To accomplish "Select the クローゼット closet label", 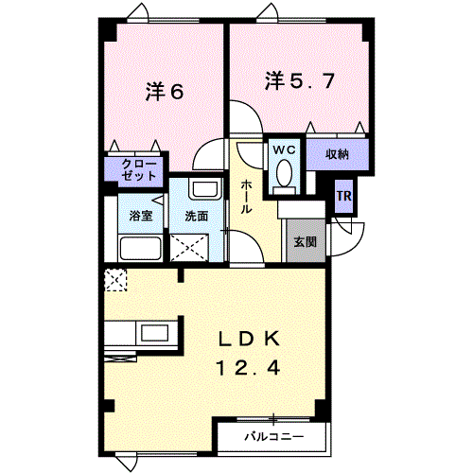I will (136, 170).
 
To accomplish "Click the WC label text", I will (283, 149).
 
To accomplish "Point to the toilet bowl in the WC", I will (283, 175).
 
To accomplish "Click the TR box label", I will (345, 198).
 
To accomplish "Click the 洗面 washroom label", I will (197, 216).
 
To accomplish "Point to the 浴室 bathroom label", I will (141, 216).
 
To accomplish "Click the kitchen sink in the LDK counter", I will (151, 334).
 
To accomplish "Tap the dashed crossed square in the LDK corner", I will (116, 279).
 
